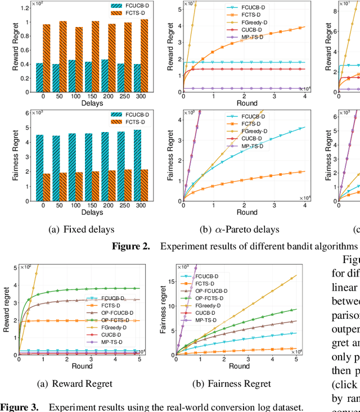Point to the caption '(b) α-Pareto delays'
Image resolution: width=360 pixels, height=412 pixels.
243,229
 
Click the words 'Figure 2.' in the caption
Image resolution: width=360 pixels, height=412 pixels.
130,246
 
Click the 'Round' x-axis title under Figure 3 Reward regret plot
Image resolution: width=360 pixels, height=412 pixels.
79,366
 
